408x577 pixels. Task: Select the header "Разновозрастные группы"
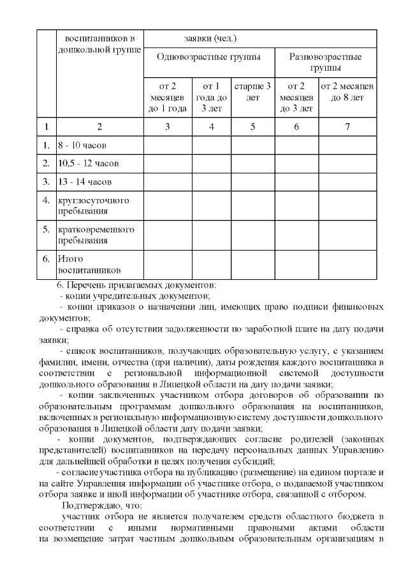tap(325, 62)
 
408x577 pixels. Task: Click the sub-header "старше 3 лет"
tap(252, 92)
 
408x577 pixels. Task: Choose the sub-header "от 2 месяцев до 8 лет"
tap(347, 92)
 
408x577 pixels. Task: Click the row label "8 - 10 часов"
tap(82, 145)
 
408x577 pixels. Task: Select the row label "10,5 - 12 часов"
tap(88, 163)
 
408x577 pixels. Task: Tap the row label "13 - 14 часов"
tap(84, 181)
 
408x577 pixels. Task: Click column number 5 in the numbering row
tap(252, 126)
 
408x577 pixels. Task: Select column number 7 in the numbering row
tap(347, 126)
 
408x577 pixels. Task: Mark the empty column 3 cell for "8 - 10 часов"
tap(167, 145)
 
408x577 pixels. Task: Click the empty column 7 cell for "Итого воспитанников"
tap(347, 265)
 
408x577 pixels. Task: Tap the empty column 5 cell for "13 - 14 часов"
tap(252, 181)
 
